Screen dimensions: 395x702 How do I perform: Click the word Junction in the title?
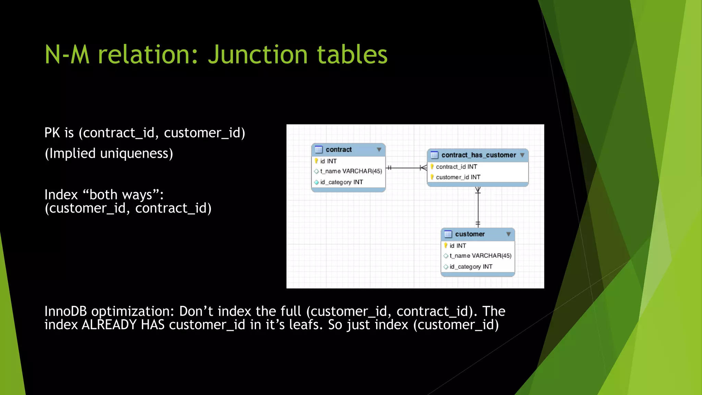tap(257, 55)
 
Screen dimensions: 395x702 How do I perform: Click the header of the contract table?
tap(339, 149)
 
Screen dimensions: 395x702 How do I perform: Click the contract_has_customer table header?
tap(478, 155)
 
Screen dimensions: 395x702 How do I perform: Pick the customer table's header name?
tap(470, 234)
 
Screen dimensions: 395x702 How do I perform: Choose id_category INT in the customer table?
tap(471, 266)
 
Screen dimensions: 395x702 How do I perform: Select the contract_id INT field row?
tap(456, 167)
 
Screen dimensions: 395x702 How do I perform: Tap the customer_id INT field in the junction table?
tap(458, 177)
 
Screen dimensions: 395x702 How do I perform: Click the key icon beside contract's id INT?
tap(316, 161)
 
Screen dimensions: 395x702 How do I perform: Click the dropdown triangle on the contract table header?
tap(379, 149)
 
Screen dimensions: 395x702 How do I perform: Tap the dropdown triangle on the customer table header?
tap(508, 234)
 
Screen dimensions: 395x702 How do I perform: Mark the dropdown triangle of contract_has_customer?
tap(522, 155)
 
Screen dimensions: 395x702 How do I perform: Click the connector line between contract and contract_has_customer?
tap(404, 168)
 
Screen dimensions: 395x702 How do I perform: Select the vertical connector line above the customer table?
tap(478, 207)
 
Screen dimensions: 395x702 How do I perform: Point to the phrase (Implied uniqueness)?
tap(109, 153)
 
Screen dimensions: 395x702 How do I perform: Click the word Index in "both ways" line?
tap(61, 195)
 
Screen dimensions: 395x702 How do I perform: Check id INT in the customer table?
tap(458, 246)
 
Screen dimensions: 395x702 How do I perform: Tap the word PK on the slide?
tap(52, 133)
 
